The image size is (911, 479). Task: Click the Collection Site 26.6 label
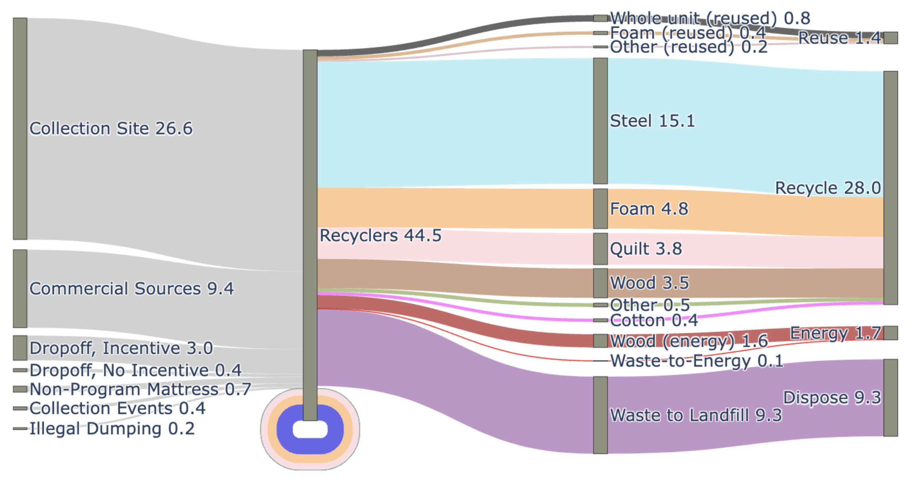point(111,129)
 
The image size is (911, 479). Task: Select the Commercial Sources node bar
point(20,289)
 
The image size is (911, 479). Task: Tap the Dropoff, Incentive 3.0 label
point(121,348)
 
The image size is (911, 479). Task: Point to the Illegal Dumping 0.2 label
point(112,429)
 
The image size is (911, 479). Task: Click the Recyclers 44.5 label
point(380,236)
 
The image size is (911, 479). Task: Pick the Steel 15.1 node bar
point(600,121)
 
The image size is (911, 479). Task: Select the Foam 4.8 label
point(649,209)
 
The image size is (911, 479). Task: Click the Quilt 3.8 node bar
point(600,249)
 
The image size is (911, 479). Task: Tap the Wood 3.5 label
point(649,283)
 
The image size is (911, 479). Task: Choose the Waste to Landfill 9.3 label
point(696,415)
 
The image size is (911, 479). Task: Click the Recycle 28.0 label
point(828,188)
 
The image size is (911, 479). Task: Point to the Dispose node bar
point(890,398)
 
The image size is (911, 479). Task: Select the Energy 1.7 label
point(835,333)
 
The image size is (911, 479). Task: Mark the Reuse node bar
point(890,38)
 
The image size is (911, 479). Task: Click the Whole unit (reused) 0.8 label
point(710,18)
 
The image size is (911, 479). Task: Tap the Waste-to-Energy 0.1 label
point(696,361)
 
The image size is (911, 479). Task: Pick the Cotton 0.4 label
point(653,321)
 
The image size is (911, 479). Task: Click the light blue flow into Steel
point(456,123)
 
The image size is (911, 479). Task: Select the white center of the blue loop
point(310,430)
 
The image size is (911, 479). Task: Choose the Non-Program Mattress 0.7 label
point(140,390)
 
